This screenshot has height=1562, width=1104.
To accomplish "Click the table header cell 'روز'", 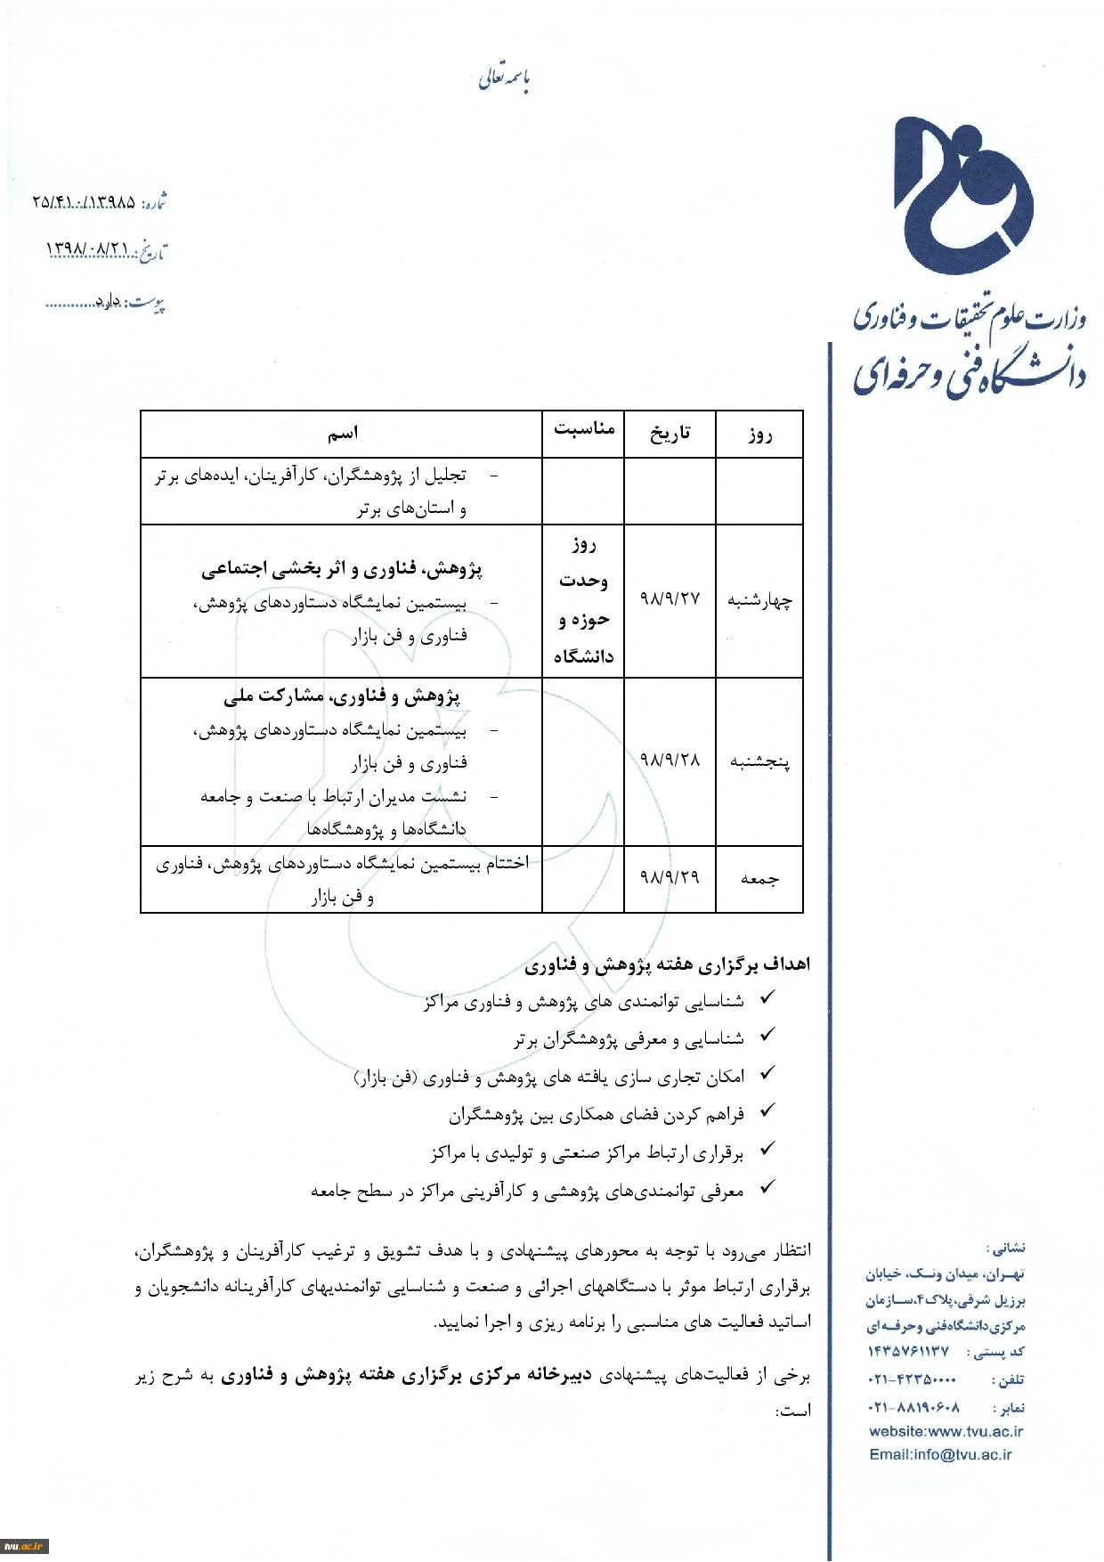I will tap(759, 435).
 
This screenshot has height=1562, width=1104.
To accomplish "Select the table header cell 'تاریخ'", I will tap(670, 434).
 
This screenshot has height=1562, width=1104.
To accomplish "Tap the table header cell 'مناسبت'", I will tap(584, 429).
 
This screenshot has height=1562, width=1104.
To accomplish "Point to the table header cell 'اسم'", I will tap(343, 434).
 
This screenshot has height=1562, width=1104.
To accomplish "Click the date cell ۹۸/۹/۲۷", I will tap(670, 599).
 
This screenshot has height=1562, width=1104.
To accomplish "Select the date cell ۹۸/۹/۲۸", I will tap(670, 761).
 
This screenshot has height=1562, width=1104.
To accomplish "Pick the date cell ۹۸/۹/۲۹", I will tap(670, 878).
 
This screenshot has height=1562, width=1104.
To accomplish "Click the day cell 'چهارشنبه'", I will tap(759, 601).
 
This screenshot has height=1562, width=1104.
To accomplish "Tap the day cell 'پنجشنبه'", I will tap(759, 762).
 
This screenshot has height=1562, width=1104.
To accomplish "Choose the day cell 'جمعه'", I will tap(759, 880).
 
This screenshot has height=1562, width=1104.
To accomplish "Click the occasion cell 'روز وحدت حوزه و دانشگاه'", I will tap(584, 600).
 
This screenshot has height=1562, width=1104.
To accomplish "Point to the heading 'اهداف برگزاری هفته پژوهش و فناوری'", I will tap(667, 964).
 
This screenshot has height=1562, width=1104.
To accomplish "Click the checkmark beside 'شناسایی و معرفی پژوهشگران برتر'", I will tap(767, 1036).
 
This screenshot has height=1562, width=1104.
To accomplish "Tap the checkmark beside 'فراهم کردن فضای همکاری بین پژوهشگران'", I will tap(767, 1111).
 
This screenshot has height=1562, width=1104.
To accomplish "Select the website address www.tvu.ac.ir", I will tap(946, 1432).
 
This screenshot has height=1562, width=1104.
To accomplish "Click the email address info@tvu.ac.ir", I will tap(941, 1455).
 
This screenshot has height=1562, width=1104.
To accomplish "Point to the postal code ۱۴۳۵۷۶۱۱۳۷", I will tap(909, 1352).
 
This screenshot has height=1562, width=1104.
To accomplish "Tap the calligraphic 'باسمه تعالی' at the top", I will tap(504, 80).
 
